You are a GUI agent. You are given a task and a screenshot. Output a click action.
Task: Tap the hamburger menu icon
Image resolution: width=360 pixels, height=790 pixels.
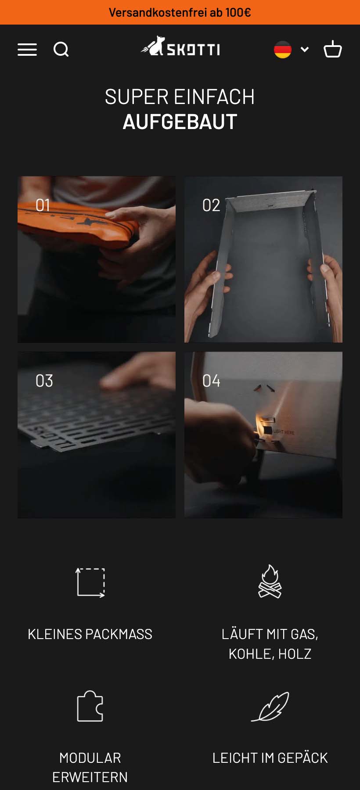[27, 50]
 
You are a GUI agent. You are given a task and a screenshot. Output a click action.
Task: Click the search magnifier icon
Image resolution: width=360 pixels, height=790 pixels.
[61, 49]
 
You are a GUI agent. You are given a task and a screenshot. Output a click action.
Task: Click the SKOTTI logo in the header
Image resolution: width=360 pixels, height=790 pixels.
[180, 47]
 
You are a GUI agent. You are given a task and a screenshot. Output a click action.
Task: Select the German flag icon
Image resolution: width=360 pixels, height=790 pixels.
[283, 50]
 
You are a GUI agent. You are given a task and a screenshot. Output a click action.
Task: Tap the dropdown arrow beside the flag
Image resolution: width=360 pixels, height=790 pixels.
[305, 49]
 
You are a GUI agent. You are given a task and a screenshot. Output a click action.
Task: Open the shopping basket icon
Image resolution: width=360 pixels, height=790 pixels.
[333, 49]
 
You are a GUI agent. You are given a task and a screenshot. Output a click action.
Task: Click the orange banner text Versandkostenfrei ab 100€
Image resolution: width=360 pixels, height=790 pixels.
[180, 12]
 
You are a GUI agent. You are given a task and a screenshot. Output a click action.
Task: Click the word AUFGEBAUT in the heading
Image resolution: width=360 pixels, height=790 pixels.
[180, 122]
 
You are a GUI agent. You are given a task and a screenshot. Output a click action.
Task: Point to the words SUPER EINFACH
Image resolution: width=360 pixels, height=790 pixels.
[180, 97]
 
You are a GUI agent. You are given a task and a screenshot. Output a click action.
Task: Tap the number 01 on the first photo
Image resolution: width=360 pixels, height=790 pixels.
[43, 205]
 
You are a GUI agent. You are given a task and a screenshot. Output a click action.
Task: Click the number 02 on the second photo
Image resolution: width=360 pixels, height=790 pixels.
[211, 205]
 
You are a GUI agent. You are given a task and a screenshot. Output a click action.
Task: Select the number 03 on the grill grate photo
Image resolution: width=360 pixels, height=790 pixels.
[44, 381]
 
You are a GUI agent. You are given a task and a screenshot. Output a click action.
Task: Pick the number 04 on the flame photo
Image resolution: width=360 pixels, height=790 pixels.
[211, 381]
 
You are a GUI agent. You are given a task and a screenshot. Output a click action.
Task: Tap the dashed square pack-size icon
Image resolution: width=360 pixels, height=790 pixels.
[90, 582]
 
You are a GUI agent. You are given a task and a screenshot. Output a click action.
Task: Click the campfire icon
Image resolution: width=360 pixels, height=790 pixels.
[270, 582]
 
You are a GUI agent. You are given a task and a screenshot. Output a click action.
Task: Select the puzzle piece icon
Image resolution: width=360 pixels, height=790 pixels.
[90, 706]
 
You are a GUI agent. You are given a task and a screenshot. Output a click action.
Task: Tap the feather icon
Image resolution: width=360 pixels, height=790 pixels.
[270, 707]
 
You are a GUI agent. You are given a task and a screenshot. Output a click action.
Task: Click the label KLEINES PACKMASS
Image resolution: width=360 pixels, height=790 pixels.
[90, 634]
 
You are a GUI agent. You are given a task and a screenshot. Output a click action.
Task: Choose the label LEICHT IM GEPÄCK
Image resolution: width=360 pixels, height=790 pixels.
[270, 758]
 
